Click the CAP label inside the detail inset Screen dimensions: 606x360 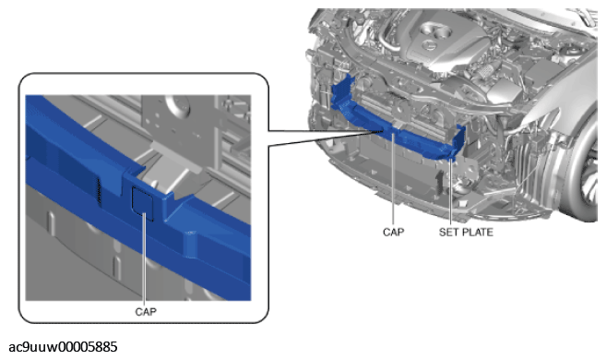coord(146,312)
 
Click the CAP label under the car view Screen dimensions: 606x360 coord(394,232)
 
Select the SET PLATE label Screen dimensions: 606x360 coord(466,232)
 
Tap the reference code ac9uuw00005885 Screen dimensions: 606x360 coord(63,347)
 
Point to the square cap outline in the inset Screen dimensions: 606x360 coord(143,204)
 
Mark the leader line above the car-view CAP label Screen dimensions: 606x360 coord(393,179)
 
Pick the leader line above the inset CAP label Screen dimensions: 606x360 coord(145,258)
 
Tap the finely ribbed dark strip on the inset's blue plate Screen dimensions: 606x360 coord(99,191)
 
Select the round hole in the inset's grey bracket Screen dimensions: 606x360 coord(178,104)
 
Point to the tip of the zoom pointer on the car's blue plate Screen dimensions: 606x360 coord(384,131)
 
